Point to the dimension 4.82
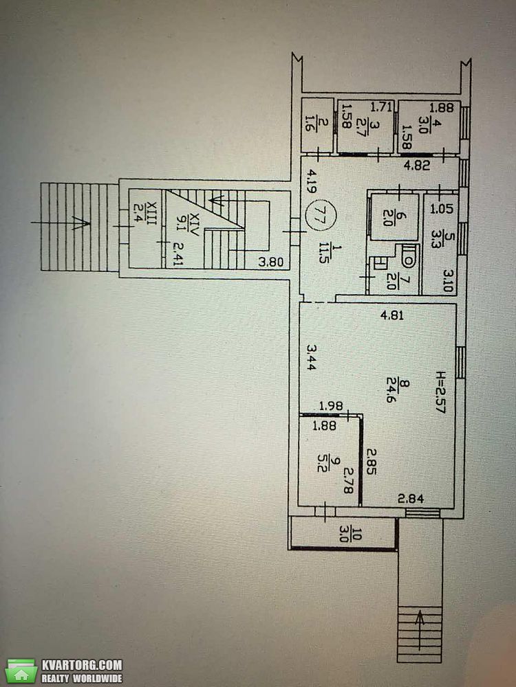pos(417,166)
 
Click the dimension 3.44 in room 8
pos(311,357)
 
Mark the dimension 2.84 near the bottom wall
pos(411,498)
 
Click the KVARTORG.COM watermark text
pos(82,664)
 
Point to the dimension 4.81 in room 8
pos(392,315)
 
